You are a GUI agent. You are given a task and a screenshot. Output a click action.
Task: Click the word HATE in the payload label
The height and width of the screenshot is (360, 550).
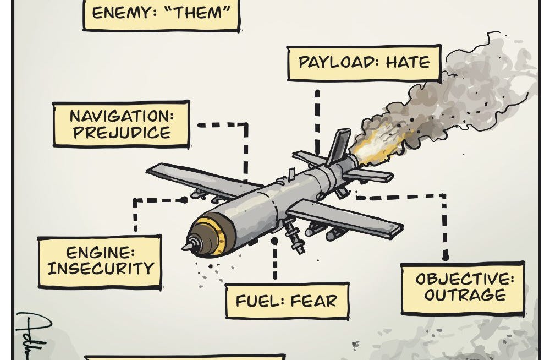coord(408,62)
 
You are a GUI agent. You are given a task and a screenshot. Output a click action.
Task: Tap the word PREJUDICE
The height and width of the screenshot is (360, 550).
coord(122,133)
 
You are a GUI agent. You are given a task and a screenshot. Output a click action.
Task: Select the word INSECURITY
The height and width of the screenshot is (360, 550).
coord(101,269)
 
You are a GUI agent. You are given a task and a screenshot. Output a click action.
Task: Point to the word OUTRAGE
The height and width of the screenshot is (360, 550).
coord(465,294)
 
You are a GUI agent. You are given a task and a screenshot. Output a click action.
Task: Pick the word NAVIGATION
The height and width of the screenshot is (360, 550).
coord(122,116)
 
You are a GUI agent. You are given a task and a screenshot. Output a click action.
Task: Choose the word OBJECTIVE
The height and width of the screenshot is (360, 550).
coord(465,278)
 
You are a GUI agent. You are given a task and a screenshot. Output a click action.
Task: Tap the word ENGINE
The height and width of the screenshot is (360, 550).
coord(101,253)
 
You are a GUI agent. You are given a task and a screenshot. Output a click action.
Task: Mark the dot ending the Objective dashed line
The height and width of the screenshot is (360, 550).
coord(446,256)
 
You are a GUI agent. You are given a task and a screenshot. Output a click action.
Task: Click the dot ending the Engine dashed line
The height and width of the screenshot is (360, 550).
coord(185,200)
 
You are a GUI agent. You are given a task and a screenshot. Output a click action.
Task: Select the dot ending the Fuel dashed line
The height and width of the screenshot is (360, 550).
coord(274,240)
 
